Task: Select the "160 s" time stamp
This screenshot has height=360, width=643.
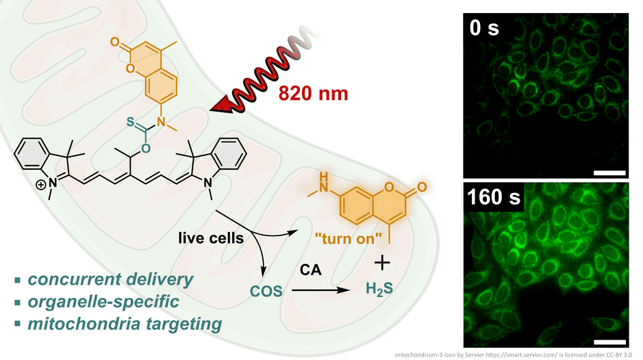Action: pos(493,198)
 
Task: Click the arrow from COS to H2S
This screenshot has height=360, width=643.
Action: pos(322,291)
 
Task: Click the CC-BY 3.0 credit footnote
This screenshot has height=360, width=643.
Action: pos(517,354)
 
